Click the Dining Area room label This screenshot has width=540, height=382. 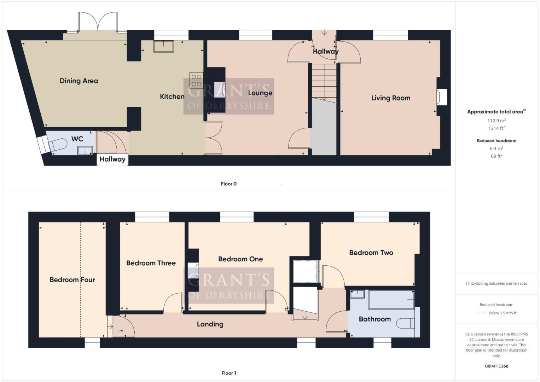79,81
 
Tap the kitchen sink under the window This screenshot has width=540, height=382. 163,46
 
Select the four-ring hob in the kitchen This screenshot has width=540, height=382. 196,80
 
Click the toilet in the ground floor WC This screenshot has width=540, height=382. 58,145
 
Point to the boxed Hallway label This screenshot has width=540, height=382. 112,159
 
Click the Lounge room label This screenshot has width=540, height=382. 260,93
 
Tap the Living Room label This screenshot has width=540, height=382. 390,98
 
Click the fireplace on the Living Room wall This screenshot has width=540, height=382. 442,97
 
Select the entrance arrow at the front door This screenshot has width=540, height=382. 324,33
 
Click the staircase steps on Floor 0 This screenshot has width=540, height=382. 324,81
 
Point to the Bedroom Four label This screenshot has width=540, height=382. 72,280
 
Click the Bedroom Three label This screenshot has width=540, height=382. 151,263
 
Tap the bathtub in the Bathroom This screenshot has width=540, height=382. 391,300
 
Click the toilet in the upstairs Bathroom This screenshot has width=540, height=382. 405,323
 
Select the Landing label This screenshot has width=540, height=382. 210,324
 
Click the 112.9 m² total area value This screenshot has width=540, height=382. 497,121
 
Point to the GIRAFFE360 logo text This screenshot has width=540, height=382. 496,366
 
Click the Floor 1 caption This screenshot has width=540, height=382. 228,373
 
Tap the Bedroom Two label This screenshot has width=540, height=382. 371,253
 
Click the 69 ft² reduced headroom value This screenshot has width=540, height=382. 497,156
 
